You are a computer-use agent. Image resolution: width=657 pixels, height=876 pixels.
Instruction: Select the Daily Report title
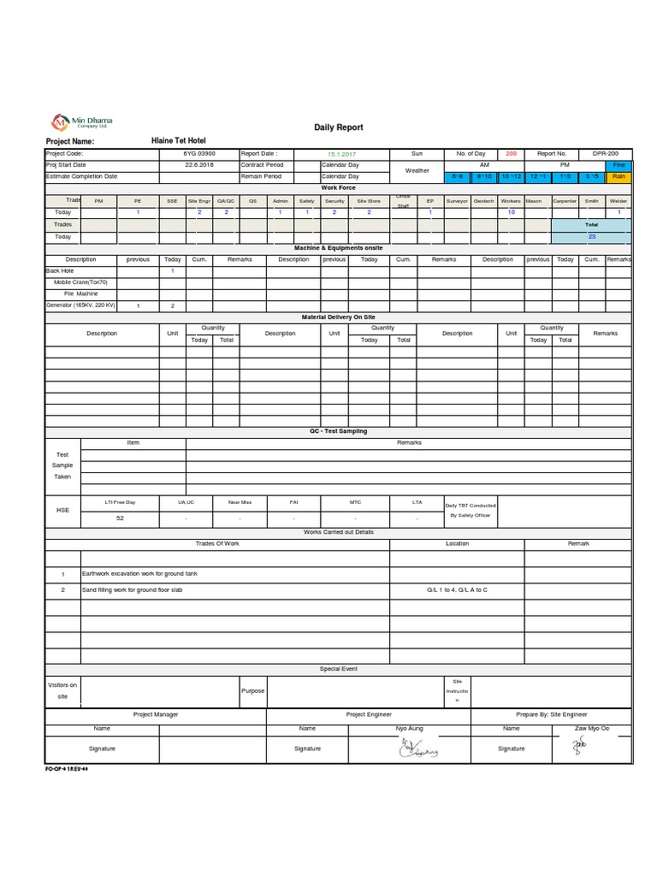[x=338, y=127]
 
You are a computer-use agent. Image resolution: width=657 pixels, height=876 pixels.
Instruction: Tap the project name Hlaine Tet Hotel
[x=178, y=141]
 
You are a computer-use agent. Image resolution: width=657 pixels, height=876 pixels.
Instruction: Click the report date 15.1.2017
[x=305, y=154]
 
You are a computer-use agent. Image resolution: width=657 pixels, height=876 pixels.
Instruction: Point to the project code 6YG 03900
[x=199, y=154]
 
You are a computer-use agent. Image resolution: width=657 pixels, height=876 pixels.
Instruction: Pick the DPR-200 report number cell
[x=605, y=154]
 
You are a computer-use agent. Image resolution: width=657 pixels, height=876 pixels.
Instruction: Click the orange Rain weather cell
[x=619, y=176]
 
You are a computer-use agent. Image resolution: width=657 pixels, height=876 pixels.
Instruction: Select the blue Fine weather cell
[x=619, y=165]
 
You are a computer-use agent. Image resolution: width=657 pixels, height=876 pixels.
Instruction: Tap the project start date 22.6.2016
[x=199, y=165]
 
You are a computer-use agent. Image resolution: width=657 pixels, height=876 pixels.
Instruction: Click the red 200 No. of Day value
[x=512, y=154]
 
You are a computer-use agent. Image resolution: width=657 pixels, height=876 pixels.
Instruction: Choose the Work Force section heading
[x=338, y=187]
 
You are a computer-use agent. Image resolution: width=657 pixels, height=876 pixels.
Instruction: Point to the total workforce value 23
[x=591, y=236]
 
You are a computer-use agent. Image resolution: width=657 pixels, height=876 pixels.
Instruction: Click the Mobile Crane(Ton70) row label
[x=82, y=281]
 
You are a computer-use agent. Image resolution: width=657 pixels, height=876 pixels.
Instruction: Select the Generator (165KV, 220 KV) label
[x=80, y=305]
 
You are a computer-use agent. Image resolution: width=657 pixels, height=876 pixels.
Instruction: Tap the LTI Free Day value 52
[x=120, y=518]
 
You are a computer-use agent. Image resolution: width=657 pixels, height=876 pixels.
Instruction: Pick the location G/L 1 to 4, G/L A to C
[x=457, y=590]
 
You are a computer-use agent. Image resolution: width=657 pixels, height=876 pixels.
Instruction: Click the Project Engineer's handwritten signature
[x=416, y=750]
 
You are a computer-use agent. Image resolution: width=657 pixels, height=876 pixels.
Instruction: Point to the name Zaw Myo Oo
[x=591, y=728]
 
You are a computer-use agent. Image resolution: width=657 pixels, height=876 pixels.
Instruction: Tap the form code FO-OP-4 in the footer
[x=67, y=769]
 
